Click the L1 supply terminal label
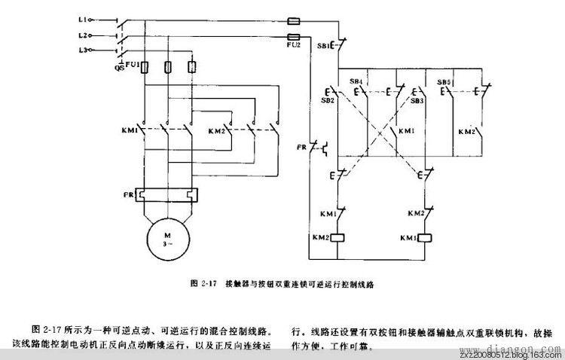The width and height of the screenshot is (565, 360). tap(84, 17)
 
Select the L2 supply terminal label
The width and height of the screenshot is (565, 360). tap(84, 35)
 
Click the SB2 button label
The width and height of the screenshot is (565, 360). tap(328, 100)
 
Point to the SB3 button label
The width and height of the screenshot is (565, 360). tap(416, 100)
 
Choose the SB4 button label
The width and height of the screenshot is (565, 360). tap(356, 81)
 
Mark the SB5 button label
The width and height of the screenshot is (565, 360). tap(444, 81)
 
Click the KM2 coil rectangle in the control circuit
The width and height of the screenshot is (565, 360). tap(339, 237)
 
